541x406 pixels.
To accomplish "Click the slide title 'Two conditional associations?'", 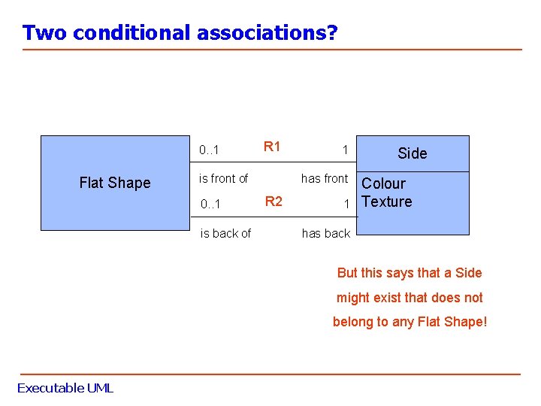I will pos(180,33).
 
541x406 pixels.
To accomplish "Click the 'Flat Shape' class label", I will pos(115,183).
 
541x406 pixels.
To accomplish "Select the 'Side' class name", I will pos(412,153).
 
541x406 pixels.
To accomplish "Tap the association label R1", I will pos(272,147).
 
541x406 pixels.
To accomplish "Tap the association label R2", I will pos(274,201).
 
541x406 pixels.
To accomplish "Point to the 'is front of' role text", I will pos(223,178).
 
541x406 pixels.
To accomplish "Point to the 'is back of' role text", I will pos(225,234).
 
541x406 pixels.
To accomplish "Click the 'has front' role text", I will pos(325,178).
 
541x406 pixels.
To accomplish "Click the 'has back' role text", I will pos(326,234).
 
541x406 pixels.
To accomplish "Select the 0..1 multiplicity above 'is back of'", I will pos(210,204).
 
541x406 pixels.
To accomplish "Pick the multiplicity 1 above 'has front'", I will pos(345,150).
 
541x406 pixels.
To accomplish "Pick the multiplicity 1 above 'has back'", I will pos(346,204).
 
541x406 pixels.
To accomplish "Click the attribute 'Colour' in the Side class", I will pos(383,183).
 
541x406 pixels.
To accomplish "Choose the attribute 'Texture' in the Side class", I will pos(387,201).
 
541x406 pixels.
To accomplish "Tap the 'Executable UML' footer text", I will pos(65,388).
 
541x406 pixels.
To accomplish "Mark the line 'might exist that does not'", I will pos(410,298).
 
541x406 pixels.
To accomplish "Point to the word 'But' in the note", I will pos(347,273).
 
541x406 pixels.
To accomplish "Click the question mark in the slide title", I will pos(332,33).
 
